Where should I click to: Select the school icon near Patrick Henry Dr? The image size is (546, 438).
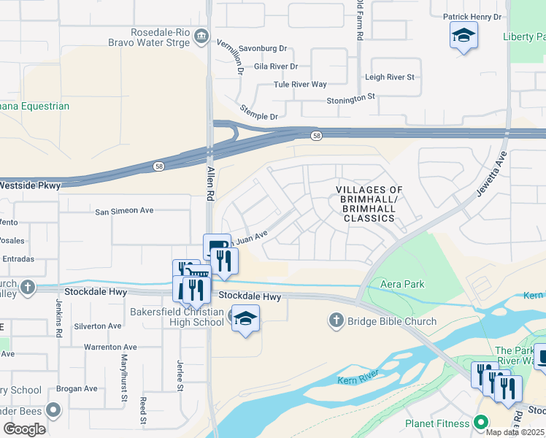coord(464,36)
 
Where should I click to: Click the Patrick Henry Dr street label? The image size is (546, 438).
coord(472,16)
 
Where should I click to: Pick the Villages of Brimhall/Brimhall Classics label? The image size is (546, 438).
coord(369,204)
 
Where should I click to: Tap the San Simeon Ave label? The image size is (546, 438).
coord(125,211)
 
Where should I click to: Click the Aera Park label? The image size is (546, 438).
coord(402,284)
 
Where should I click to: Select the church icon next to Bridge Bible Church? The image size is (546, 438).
coord(336,320)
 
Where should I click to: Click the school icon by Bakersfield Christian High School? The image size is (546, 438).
coord(245,318)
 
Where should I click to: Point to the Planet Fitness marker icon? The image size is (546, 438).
coord(480,423)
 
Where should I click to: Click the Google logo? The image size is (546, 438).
coord(25,429)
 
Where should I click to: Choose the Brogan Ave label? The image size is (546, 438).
coord(80,388)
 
